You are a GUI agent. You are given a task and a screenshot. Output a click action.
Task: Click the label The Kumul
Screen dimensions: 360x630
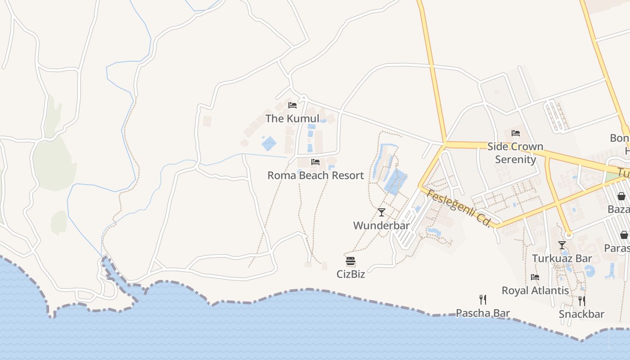[x=292, y=118]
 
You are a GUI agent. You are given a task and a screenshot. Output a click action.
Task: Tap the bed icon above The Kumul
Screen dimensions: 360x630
[x=292, y=105]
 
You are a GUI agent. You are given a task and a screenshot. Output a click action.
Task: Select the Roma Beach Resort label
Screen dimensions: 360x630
[x=315, y=175]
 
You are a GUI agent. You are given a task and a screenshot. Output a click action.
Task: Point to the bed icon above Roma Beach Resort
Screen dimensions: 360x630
[x=315, y=162]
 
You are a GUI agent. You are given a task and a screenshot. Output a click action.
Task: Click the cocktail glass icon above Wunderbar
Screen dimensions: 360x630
[x=382, y=212]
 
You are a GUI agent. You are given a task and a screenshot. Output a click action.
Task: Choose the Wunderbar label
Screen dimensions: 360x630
[x=382, y=225]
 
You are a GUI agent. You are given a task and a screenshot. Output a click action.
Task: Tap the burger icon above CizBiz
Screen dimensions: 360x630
[x=351, y=261]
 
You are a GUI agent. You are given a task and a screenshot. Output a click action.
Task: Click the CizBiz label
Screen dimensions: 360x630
[x=351, y=274]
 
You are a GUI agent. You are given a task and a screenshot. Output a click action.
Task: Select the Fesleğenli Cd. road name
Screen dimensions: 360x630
[x=458, y=208]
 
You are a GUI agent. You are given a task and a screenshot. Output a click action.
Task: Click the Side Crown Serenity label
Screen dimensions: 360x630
[x=516, y=153]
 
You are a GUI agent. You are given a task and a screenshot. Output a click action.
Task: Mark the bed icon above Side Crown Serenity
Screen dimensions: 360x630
[x=516, y=133]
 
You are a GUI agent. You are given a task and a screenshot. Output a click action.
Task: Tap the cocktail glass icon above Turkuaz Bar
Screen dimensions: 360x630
[x=562, y=245]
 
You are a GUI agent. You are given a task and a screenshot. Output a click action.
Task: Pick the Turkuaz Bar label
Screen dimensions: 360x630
[x=562, y=258]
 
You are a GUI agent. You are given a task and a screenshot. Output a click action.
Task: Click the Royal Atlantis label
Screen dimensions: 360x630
[x=535, y=290]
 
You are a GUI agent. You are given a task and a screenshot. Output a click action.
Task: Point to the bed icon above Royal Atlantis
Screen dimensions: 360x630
[x=535, y=277]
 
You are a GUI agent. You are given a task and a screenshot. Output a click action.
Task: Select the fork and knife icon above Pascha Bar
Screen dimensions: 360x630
[x=483, y=300]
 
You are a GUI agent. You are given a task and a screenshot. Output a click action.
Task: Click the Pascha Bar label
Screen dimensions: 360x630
[x=483, y=313]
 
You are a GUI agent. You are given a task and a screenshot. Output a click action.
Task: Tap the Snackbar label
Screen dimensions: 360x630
[x=581, y=314]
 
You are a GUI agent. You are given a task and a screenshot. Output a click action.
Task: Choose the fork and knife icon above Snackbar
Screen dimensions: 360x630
[x=581, y=301]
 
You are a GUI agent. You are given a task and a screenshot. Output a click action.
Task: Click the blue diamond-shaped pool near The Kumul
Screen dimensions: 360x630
[x=269, y=144]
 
